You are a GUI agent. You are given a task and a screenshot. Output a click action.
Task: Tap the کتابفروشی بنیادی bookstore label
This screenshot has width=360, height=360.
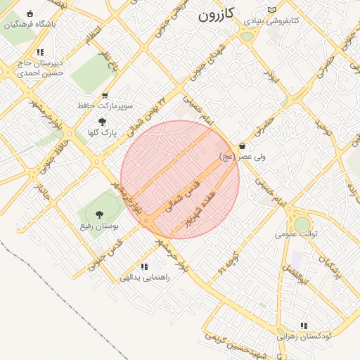point(271,21)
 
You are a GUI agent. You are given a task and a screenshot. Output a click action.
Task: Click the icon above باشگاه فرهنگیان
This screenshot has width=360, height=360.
point(30,13)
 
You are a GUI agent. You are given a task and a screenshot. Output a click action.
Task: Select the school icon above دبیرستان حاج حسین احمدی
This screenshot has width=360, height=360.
point(40,52)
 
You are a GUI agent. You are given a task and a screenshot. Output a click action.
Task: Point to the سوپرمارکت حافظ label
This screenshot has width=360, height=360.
point(105,105)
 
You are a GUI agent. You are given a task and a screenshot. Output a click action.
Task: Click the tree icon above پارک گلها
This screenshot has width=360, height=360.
point(103,122)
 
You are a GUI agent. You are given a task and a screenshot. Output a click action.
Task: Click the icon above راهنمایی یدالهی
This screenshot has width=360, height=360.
point(144,266)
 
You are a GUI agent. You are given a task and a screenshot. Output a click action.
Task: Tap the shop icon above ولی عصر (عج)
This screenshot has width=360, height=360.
point(243,146)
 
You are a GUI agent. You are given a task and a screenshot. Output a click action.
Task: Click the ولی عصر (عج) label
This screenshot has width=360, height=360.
point(243,157)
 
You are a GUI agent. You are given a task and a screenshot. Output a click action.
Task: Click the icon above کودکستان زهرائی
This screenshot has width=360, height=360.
point(304,326)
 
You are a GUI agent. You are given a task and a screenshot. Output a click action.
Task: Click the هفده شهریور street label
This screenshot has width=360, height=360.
point(203,204)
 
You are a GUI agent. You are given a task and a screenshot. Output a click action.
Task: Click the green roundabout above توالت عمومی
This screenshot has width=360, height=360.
point(302,224)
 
